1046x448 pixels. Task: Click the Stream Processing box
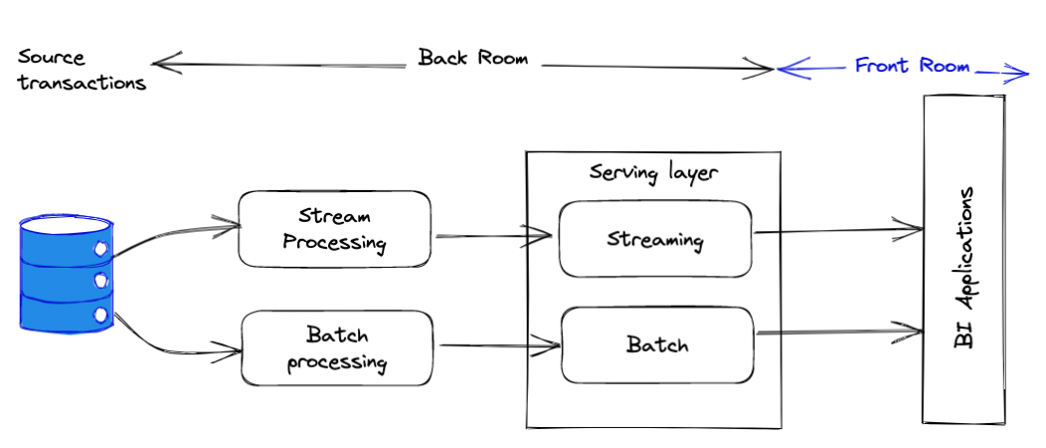pos(334,229)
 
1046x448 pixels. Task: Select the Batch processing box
pos(336,347)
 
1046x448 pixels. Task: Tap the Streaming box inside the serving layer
pos(655,239)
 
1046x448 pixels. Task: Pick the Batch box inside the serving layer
pos(657,345)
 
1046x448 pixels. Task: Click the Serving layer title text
pos(653,172)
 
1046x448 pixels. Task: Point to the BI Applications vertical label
pos(964,267)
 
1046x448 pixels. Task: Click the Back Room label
pos(473,58)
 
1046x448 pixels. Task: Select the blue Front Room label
pos(912,66)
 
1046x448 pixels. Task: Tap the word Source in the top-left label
pos(52,58)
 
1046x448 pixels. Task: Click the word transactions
pos(82,83)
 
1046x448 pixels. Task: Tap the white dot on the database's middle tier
pos(100,280)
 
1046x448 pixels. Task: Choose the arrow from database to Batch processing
pos(175,340)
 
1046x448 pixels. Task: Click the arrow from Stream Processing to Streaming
pos(493,235)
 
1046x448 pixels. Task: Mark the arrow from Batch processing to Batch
pos(500,345)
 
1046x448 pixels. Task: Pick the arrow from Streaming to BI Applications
pos(838,230)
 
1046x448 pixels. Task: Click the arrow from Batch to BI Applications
pos(840,331)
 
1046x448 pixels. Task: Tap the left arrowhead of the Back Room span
pos(165,64)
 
